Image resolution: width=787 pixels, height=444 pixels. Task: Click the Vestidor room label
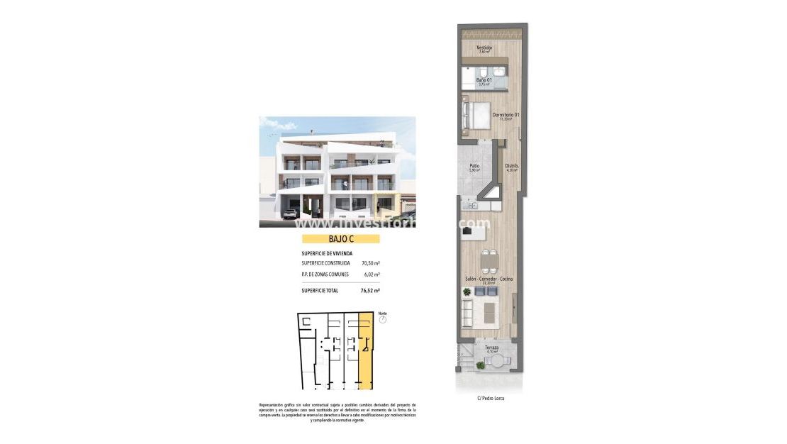coord(484,48)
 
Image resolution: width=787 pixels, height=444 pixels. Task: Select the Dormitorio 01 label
coord(506,116)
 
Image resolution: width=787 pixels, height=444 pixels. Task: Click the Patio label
coord(474,167)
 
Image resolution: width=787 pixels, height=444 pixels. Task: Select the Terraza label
coord(491,348)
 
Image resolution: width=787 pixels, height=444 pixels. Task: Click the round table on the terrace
coord(498,362)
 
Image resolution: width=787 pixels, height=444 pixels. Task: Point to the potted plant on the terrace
coord(480,365)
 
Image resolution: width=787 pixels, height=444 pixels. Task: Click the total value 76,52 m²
coord(370,291)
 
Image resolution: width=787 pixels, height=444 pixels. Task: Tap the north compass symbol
coord(383,319)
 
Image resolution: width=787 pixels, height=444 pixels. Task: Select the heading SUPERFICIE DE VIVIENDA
coord(327,252)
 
